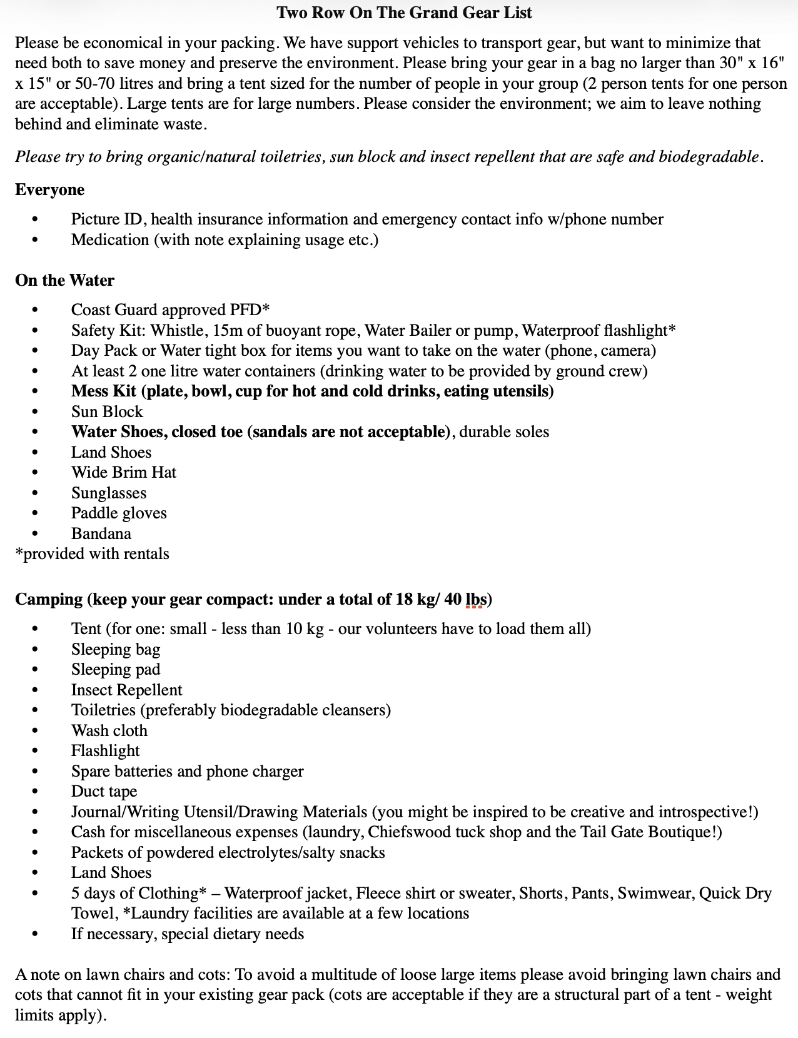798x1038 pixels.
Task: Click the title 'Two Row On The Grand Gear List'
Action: tap(404, 13)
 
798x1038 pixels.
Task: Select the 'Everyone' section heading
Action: tap(49, 189)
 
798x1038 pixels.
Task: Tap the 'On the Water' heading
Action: tap(64, 280)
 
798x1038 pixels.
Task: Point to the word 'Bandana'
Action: tap(101, 533)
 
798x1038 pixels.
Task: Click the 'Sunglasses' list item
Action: tap(109, 493)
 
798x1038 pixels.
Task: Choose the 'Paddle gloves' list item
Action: tap(119, 513)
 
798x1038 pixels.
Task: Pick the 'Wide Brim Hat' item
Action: tap(124, 473)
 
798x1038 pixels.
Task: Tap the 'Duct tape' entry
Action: tap(104, 792)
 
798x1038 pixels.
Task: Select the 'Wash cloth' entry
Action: tap(109, 730)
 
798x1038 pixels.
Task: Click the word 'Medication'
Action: tap(110, 240)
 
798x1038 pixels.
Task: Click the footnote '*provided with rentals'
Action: tap(93, 554)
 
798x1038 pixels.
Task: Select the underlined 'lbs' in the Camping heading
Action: tap(477, 599)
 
